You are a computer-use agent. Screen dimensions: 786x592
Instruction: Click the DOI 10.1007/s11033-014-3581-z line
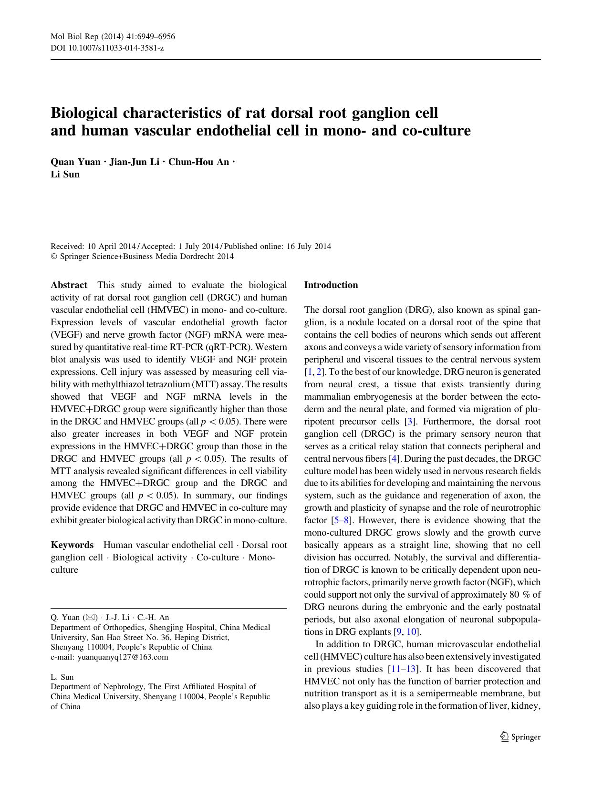[x=107, y=48]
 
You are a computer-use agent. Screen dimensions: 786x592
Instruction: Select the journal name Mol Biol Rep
[x=74, y=37]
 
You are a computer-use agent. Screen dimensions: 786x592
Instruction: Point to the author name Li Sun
[x=65, y=175]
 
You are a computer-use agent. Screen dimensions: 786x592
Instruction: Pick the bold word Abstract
[x=69, y=285]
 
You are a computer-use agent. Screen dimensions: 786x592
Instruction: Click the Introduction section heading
[x=331, y=285]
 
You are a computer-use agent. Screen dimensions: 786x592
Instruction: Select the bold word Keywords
[x=72, y=545]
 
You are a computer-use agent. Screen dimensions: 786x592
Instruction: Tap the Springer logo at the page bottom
[x=519, y=737]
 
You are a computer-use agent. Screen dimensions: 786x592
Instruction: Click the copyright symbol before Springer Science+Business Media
[x=53, y=257]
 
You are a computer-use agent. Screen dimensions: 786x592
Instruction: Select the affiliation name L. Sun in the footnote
[x=62, y=677]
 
